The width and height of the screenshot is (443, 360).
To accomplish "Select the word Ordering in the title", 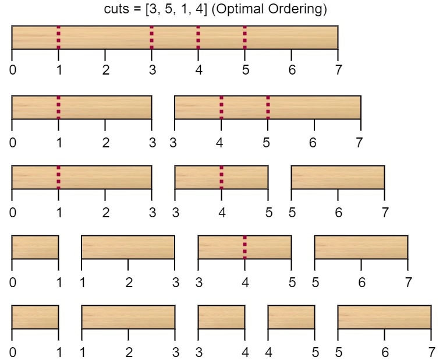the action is pyautogui.click(x=297, y=9).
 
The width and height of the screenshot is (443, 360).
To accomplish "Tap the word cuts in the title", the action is pyautogui.click(x=116, y=9).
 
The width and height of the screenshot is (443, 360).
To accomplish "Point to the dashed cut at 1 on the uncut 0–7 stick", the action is pyautogui.click(x=58, y=38).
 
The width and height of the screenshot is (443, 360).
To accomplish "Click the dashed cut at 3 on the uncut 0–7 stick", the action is pyautogui.click(x=152, y=38).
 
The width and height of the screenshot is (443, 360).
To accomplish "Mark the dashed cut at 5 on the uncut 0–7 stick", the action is pyautogui.click(x=244, y=38).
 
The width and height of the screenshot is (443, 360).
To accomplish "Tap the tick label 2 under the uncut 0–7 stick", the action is pyautogui.click(x=106, y=70).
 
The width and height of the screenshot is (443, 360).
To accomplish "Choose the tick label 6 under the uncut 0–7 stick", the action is pyautogui.click(x=292, y=70).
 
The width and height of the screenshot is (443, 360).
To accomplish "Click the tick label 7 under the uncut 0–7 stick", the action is pyautogui.click(x=338, y=70).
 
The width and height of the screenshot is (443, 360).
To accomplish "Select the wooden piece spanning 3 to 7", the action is pyautogui.click(x=268, y=107).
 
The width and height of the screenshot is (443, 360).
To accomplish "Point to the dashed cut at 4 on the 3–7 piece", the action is pyautogui.click(x=221, y=107).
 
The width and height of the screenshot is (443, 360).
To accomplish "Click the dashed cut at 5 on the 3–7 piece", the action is pyautogui.click(x=268, y=107).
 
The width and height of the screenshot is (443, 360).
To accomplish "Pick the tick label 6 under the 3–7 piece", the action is pyautogui.click(x=313, y=143).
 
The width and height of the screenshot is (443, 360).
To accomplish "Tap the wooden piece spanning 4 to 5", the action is pyautogui.click(x=291, y=317).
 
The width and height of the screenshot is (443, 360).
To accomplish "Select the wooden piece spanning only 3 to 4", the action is pyautogui.click(x=221, y=317).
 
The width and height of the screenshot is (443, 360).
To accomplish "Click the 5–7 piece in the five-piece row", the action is pyautogui.click(x=385, y=317).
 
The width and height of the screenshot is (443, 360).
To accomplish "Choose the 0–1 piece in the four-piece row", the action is pyautogui.click(x=36, y=247).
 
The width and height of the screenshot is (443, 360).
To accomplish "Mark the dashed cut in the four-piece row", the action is pyautogui.click(x=244, y=247).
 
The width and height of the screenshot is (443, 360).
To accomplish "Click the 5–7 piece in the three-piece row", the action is pyautogui.click(x=338, y=177).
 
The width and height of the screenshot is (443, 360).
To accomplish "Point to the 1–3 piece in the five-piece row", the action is pyautogui.click(x=129, y=317).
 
